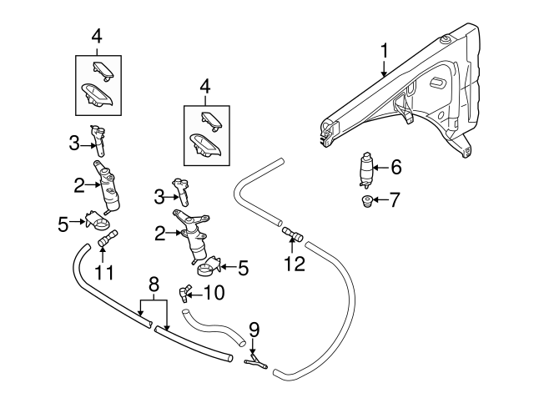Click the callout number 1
pyautogui.click(x=384, y=51)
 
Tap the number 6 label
pyautogui.click(x=395, y=167)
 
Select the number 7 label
pyautogui.click(x=395, y=200)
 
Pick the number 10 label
pyautogui.click(x=214, y=292)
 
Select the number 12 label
pyautogui.click(x=295, y=265)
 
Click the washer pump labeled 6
pyautogui.click(x=365, y=169)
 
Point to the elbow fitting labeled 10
pyautogui.click(x=184, y=291)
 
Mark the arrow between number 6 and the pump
pyautogui.click(x=381, y=168)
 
